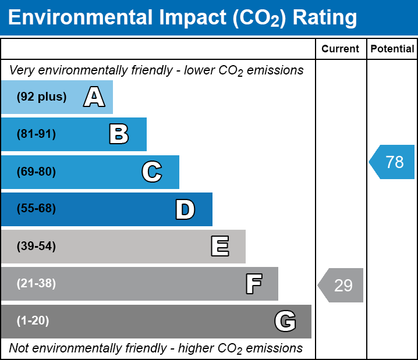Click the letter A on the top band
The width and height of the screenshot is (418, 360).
pyautogui.click(x=94, y=97)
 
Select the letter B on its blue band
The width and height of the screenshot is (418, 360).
pyautogui.click(x=119, y=134)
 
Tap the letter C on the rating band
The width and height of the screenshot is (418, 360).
pyautogui.click(x=151, y=172)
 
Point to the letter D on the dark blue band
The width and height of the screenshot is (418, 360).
pyautogui.click(x=185, y=209)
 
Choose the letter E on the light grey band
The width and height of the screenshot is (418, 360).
pyautogui.click(x=219, y=247)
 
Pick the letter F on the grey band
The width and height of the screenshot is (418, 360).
pyautogui.click(x=253, y=284)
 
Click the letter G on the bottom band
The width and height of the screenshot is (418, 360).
pyautogui.click(x=285, y=321)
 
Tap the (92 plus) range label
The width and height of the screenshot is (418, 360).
pyautogui.click(x=41, y=97)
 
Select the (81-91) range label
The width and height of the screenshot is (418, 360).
pyautogui.click(x=36, y=134)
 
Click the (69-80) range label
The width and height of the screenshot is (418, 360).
pyautogui.click(x=36, y=172)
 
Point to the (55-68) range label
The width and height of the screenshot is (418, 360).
pyautogui.click(x=36, y=209)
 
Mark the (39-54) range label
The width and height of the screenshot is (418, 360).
pyautogui.click(x=36, y=247)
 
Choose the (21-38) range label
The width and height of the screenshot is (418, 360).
pyautogui.click(x=36, y=284)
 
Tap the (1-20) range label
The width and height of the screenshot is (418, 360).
pyautogui.click(x=33, y=321)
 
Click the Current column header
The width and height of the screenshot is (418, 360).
pyautogui.click(x=341, y=49)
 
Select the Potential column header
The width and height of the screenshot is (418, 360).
pyautogui.click(x=392, y=49)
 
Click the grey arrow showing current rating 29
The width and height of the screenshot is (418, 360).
pyautogui.click(x=341, y=286)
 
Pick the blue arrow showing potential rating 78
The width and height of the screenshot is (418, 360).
pyautogui.click(x=392, y=162)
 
